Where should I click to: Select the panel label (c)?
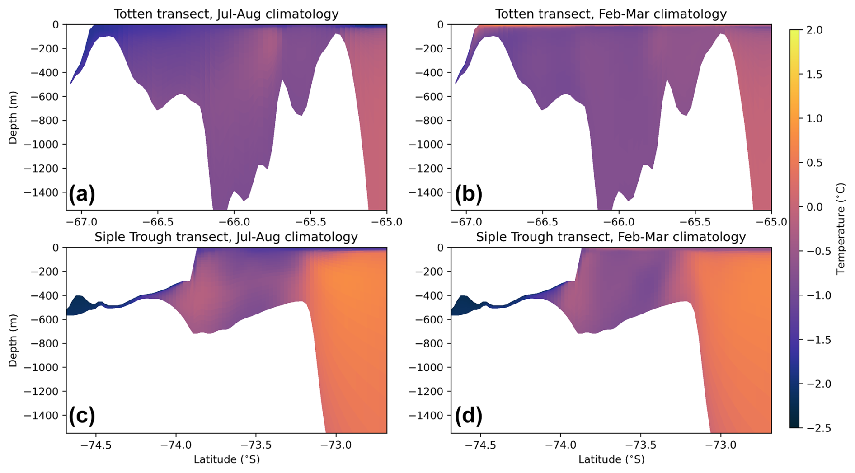(82, 416)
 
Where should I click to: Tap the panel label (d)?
(468, 416)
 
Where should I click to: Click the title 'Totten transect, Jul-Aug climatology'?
(226, 14)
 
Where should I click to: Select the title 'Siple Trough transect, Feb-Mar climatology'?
(611, 237)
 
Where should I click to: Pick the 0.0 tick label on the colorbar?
(814, 207)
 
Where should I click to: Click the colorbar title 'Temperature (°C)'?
(841, 229)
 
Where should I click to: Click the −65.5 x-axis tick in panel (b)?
(695, 222)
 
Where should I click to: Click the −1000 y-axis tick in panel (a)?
(43, 145)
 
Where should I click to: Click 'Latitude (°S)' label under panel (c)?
(226, 459)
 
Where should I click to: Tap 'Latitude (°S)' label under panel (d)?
(611, 459)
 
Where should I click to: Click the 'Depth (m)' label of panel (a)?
(13, 117)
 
